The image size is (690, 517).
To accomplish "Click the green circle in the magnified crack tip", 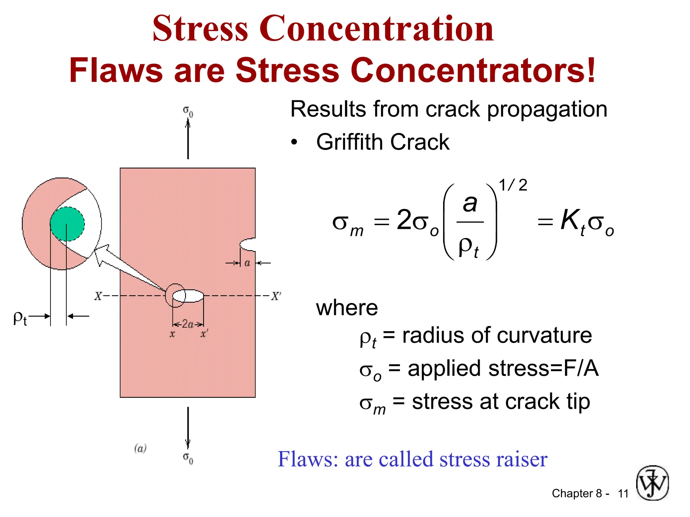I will (67, 224).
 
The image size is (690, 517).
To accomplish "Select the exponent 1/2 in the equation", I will (513, 185).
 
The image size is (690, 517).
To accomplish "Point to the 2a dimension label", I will (188, 324).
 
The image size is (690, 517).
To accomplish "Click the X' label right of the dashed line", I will (276, 296).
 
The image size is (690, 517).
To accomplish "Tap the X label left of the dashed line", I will (98, 296).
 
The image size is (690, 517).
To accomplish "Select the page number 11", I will (623, 493).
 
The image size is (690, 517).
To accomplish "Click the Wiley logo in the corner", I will (652, 483).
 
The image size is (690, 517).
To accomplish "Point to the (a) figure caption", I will (140, 448).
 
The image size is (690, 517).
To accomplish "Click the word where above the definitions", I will (347, 308).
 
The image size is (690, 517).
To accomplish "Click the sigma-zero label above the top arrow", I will (188, 111).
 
